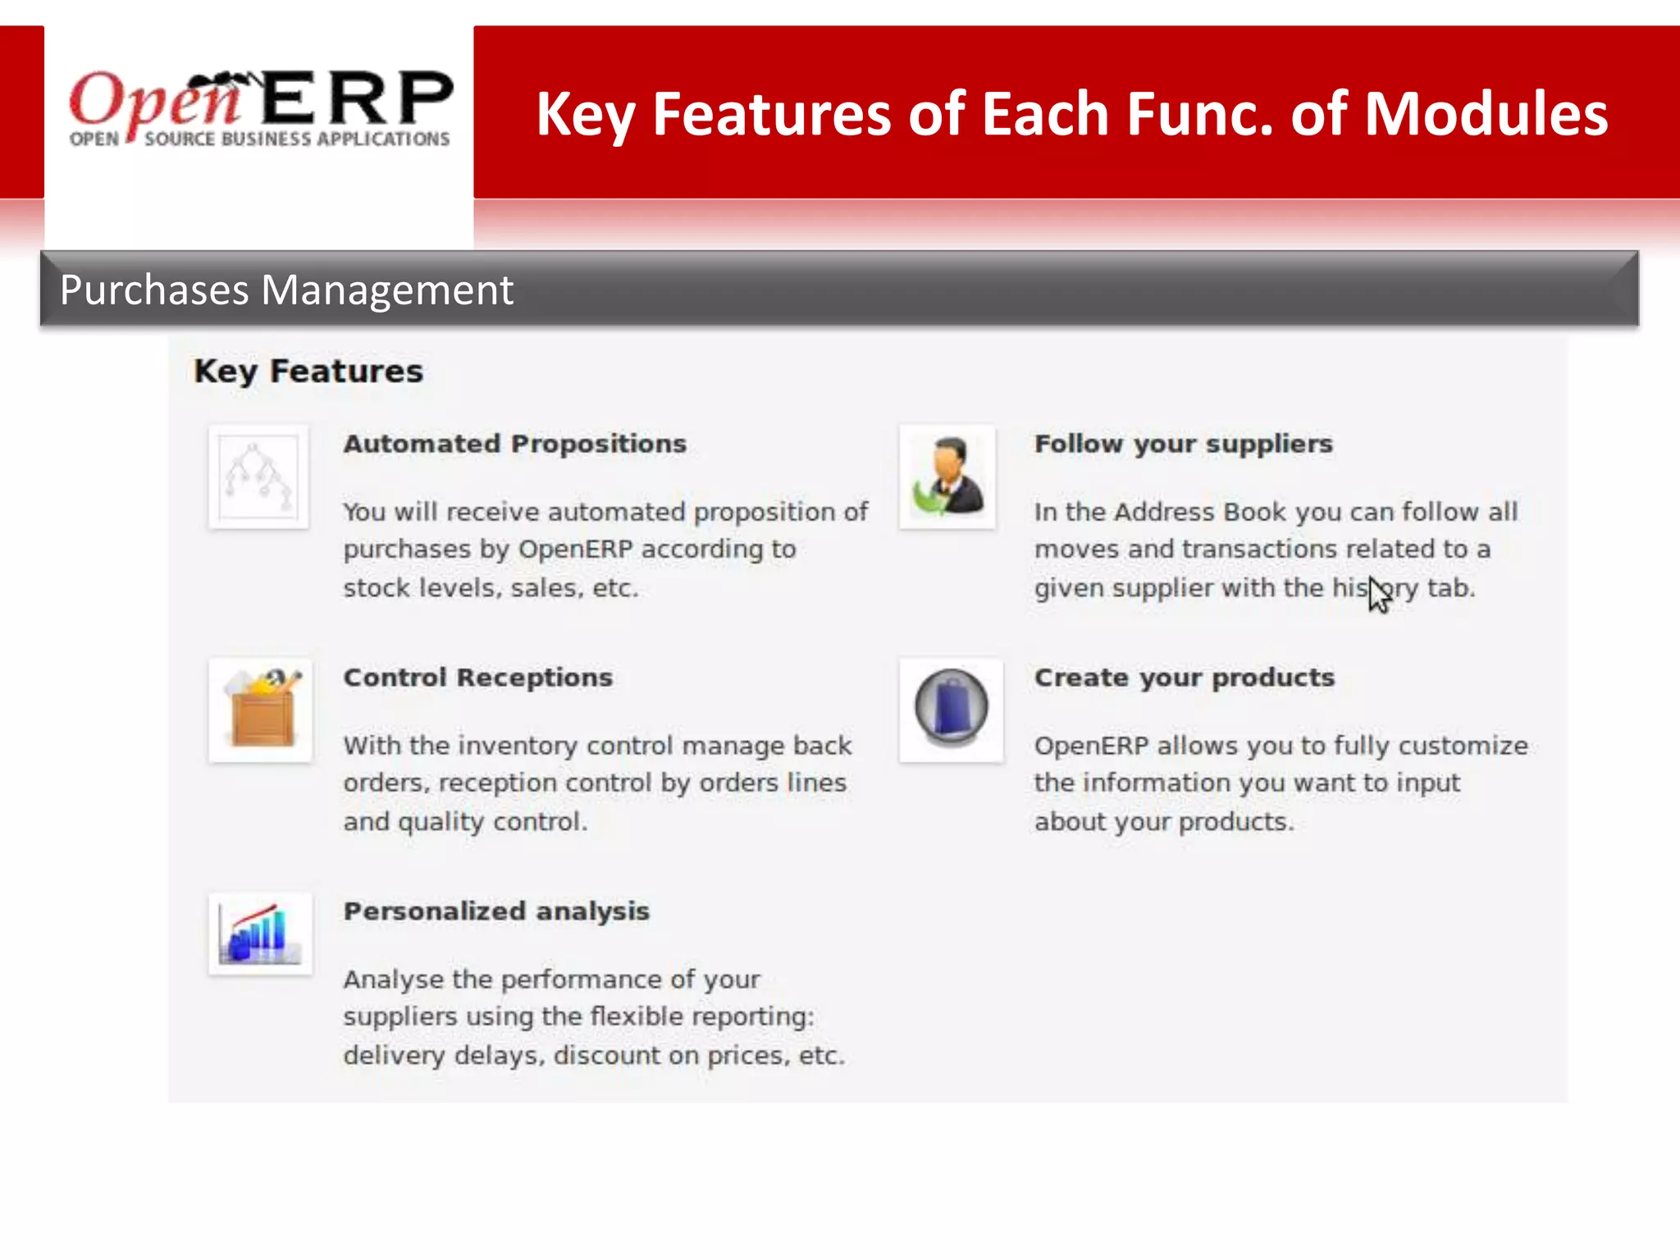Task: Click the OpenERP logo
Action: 260,109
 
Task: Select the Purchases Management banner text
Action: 286,290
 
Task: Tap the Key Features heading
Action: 308,372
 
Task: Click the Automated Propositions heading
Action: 514,444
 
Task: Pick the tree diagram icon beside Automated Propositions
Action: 258,477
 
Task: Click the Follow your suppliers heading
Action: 1183,444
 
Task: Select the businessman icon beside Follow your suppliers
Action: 948,477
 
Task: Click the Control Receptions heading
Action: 477,678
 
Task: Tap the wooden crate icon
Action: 261,710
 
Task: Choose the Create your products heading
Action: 1184,678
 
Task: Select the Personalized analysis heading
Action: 496,911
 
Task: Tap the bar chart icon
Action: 260,934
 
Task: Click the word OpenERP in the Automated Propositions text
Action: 575,549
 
